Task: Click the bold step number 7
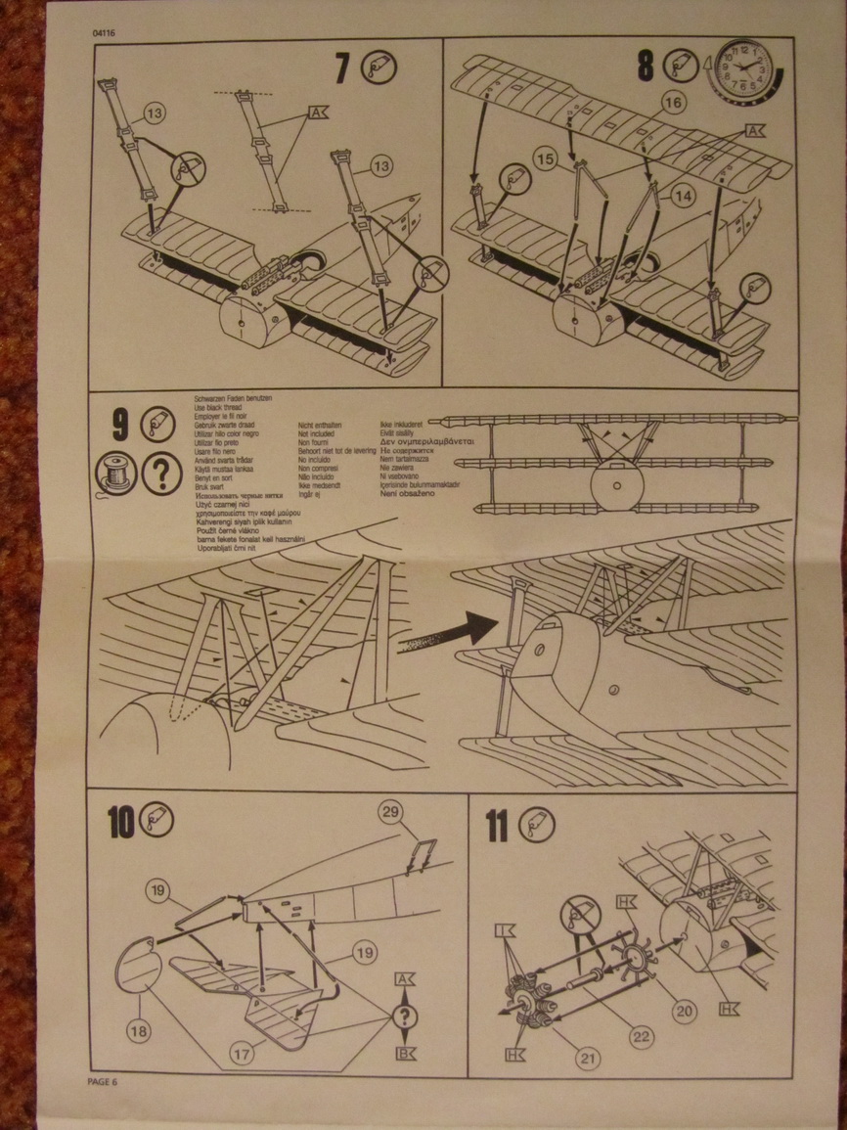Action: tap(341, 68)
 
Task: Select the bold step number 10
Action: tap(121, 823)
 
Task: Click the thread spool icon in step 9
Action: tap(112, 475)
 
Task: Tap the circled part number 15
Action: tap(546, 158)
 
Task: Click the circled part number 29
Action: tap(391, 812)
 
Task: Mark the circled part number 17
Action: tap(240, 1055)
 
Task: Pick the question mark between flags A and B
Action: tap(405, 1017)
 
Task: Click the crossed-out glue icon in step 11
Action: tap(579, 917)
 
